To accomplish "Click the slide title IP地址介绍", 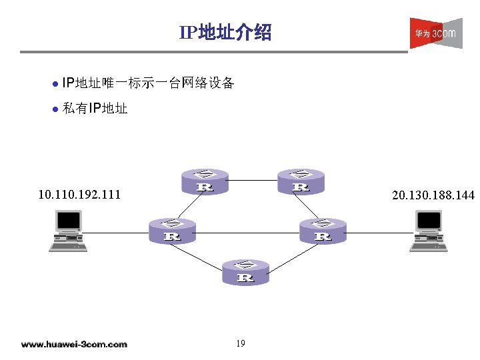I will click(x=225, y=32).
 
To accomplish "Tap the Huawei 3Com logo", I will click(x=435, y=33).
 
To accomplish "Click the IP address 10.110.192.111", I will click(x=79, y=195).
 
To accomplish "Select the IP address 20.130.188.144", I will click(x=433, y=195).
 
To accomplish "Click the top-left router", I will click(x=205, y=181).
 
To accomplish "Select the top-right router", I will click(x=301, y=181).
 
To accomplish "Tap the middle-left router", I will click(x=172, y=230).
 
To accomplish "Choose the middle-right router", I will click(x=323, y=230).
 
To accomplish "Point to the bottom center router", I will click(x=245, y=272).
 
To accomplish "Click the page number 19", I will click(x=240, y=343).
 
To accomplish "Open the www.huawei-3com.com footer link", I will click(x=74, y=344).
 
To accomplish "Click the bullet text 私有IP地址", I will click(x=94, y=108).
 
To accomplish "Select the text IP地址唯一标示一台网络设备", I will click(x=147, y=83).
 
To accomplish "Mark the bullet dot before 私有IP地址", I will click(x=55, y=109).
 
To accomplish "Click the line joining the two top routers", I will click(x=253, y=180).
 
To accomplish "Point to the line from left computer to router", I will click(x=117, y=231).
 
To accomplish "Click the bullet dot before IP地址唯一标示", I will click(x=55, y=84).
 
